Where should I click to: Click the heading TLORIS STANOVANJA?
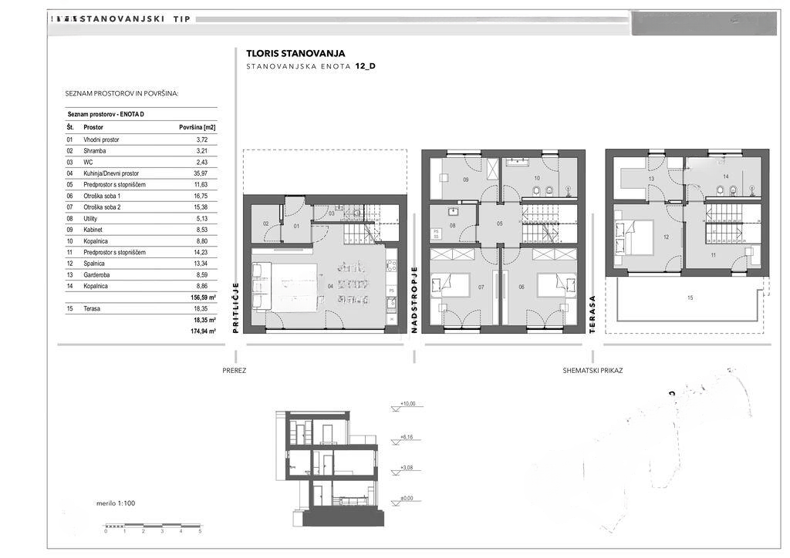pos(295,54)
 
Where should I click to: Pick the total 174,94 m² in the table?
pos(204,331)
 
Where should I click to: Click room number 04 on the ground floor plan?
pos(330,287)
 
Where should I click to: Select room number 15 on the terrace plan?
pos(690,297)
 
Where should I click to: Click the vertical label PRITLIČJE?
pos(235,307)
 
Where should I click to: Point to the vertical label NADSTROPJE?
pos(414,299)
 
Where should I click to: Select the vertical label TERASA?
pos(592,312)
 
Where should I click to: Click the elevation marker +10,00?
pos(407,404)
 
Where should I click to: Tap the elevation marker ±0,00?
pos(407,499)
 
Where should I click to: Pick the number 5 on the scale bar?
pos(200,532)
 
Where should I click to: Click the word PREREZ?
pos(234,371)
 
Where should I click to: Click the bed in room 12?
pos(633,237)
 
